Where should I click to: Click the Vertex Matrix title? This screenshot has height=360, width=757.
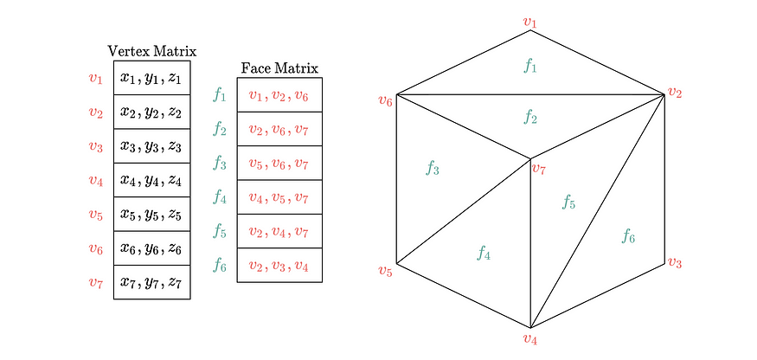point(152,51)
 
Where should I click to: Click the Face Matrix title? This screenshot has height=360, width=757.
point(279,68)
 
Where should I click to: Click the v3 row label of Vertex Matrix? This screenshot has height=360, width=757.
point(95,146)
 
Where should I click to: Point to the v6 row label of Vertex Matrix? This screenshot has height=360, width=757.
point(95,249)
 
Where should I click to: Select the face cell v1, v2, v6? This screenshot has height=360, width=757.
point(279,95)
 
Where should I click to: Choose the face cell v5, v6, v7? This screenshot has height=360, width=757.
point(279,164)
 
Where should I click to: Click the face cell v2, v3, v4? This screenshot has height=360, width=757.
point(279,266)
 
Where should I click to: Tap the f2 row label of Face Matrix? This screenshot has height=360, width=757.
point(220,130)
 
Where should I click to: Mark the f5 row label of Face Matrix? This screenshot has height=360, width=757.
point(220,231)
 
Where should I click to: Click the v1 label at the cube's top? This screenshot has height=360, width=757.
point(530,22)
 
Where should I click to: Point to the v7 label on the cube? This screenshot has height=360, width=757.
point(539,169)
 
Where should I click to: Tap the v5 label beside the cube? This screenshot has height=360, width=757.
point(385,270)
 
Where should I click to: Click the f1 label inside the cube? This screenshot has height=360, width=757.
point(530,65)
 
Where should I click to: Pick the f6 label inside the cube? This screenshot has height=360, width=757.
point(628,236)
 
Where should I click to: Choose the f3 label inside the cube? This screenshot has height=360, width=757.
point(432,168)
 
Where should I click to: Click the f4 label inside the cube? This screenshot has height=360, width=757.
point(484,253)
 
